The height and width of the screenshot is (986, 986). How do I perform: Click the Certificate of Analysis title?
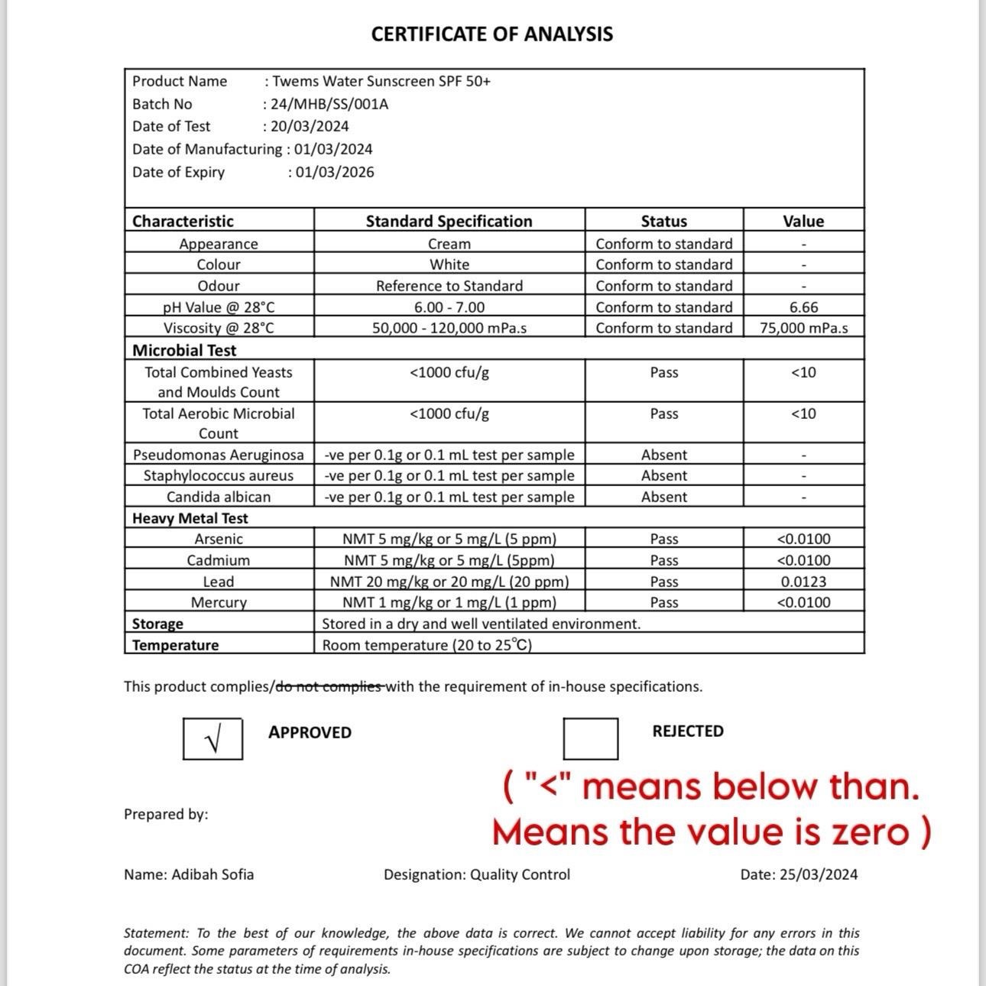491,34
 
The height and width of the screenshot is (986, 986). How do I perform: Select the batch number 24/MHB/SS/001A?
329,104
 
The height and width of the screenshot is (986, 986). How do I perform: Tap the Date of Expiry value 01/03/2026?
335,172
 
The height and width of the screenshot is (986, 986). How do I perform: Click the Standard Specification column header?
449,221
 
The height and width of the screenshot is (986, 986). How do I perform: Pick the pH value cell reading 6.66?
803,307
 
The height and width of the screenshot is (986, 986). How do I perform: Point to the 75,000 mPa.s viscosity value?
803,328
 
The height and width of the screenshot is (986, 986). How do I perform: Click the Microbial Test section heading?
184,350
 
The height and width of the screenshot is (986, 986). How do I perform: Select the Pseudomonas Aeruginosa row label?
219,455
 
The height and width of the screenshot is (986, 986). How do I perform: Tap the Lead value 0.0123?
803,582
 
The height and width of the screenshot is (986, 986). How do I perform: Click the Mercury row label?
219,602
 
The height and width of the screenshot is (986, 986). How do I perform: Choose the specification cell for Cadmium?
449,560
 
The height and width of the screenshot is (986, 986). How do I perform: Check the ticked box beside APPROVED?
213,738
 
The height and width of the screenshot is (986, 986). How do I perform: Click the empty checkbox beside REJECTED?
590,738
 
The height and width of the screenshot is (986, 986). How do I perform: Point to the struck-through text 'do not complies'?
329,686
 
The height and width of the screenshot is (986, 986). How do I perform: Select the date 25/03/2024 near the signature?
819,874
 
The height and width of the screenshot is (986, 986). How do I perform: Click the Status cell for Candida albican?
663,497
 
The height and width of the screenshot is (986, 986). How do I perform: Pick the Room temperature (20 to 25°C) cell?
427,645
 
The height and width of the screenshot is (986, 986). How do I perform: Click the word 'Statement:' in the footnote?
156,933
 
